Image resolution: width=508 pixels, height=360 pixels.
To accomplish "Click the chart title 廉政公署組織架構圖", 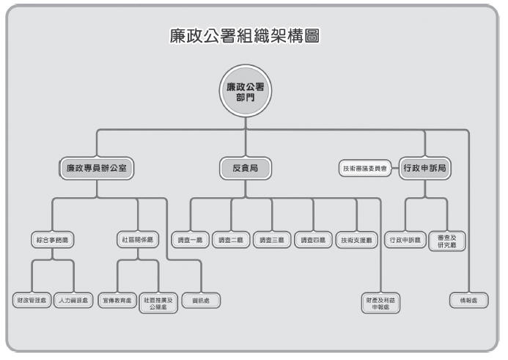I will pyautogui.click(x=246, y=36).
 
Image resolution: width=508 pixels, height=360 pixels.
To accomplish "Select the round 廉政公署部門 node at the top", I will pyautogui.click(x=245, y=92).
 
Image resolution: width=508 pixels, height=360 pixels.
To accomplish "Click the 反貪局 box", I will pyautogui.click(x=245, y=168).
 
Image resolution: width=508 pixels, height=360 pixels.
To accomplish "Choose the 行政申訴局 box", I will pyautogui.click(x=425, y=168).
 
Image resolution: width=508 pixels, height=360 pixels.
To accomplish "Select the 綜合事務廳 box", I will pyautogui.click(x=53, y=240).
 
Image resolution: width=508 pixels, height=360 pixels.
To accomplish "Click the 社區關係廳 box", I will pyautogui.click(x=138, y=240).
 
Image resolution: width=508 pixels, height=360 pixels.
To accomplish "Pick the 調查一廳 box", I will pyautogui.click(x=190, y=240).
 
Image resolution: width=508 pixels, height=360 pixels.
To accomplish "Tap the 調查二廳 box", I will pyautogui.click(x=231, y=240).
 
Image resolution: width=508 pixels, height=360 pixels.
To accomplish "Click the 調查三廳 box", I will pyautogui.click(x=272, y=240).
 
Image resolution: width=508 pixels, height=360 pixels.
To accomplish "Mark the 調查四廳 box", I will pyautogui.click(x=314, y=240).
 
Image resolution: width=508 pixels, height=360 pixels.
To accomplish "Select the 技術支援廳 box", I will pyautogui.click(x=356, y=240).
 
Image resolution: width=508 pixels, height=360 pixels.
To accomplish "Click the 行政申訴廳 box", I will pyautogui.click(x=405, y=240).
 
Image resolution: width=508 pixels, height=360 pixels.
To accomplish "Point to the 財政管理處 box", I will pyautogui.click(x=32, y=301).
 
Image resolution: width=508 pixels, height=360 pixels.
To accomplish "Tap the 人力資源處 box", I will pyautogui.click(x=74, y=301).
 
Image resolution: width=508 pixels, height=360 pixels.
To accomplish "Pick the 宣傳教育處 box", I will pyautogui.click(x=117, y=301).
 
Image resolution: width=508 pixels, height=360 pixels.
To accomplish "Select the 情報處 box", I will pyautogui.click(x=468, y=301).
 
